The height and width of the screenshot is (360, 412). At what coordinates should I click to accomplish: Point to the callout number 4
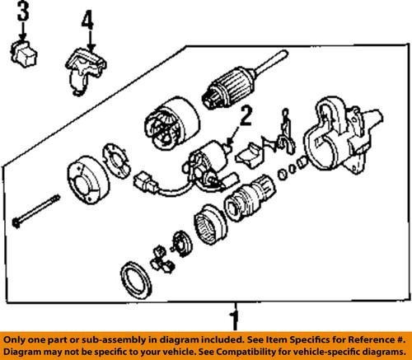pos(88,17)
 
